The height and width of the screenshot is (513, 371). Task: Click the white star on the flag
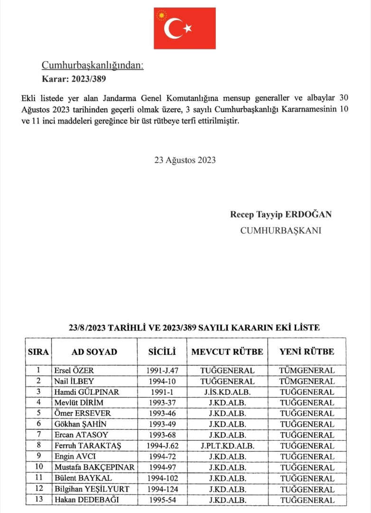pos(188,28)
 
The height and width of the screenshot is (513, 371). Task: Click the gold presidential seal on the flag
pos(162,16)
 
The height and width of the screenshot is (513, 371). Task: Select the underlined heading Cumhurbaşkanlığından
pos(93,66)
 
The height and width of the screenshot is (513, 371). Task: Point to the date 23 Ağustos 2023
pos(185,160)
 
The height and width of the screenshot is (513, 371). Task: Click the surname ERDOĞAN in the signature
pos(308,214)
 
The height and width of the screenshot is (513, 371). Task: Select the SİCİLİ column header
pos(162,352)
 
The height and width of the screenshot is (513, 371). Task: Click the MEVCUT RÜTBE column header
pos(227,352)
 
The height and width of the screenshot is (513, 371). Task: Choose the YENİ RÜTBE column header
pos(306,352)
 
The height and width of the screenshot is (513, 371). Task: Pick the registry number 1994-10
pos(162,381)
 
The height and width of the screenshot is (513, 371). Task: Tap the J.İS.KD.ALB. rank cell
pos(227,392)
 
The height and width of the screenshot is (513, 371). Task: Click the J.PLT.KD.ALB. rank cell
pos(227,446)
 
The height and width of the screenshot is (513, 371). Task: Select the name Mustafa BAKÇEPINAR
pos(94,467)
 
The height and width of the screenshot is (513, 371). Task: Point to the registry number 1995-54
pos(162,500)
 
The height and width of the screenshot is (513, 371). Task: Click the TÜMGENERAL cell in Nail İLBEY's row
pos(306,381)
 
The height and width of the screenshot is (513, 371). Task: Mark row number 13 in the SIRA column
pos(38,500)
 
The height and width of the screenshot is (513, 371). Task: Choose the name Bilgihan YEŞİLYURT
pos(92,489)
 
